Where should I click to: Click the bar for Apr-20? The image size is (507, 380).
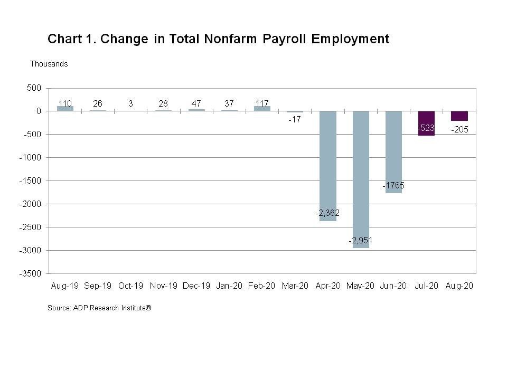[x=328, y=158]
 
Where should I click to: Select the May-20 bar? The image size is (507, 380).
[x=361, y=174]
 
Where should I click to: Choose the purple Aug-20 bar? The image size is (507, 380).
[x=459, y=116]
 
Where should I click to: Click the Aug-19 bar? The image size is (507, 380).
[x=65, y=108]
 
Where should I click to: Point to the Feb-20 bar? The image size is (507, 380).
[x=262, y=108]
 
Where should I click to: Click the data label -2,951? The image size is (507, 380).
[x=361, y=241]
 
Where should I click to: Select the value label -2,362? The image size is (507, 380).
[x=327, y=213]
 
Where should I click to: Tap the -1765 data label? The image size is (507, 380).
[x=393, y=186]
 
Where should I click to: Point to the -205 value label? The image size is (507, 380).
[x=459, y=130]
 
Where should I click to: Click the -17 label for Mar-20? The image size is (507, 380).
[x=295, y=120]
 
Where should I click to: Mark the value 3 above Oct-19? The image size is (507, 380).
[x=130, y=103]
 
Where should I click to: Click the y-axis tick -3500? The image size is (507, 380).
[x=31, y=273]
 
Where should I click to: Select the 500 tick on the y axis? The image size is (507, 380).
[x=34, y=88]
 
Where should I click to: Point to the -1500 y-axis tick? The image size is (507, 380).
[x=31, y=180]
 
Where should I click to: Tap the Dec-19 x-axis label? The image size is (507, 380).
[x=196, y=286]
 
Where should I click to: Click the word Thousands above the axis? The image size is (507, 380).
[x=49, y=64]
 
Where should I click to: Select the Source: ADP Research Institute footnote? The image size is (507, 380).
[x=99, y=308]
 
